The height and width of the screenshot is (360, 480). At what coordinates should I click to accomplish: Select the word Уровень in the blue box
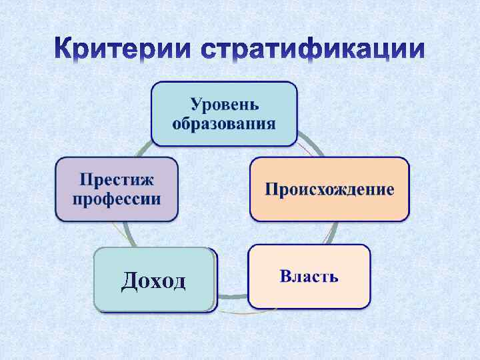pos(225,105)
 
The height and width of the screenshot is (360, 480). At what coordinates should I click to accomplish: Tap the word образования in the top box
pos(224,124)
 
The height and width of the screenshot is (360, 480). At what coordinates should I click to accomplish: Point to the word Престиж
pos(117,179)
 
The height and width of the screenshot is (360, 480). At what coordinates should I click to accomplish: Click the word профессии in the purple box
pos(117,199)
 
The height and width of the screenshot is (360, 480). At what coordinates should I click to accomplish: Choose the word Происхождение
pos(329,189)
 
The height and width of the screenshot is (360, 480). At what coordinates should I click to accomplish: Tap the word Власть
pos(309,276)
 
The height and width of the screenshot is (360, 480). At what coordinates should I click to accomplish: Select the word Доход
pos(153,281)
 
